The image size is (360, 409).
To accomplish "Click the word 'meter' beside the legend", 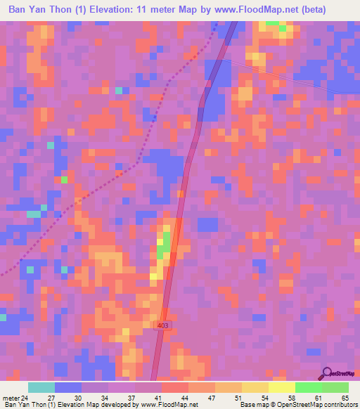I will [11, 398].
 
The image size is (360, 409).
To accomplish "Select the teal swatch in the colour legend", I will [41, 387].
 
